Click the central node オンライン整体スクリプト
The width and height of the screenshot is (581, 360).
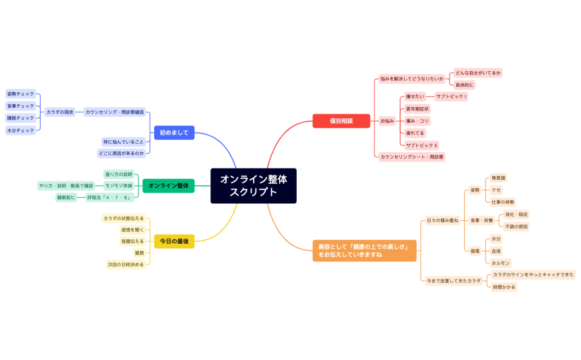pos(253,186)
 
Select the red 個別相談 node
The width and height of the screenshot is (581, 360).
pos(341,121)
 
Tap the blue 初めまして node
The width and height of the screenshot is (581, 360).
pos(174,133)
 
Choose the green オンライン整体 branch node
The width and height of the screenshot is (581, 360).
pos(169,186)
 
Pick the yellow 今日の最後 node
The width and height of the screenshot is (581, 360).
pos(174,241)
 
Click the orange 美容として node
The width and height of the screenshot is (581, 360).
pos(363,250)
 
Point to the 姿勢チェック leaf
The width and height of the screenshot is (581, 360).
pos(20,93)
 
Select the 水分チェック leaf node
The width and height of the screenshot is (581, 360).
pos(20,131)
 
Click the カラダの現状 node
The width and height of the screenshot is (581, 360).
pos(59,112)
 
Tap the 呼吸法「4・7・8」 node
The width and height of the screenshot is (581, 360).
pos(110,197)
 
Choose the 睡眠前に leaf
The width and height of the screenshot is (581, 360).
pos(66,197)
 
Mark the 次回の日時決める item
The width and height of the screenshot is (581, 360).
pos(125,265)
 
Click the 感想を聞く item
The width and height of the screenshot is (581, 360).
pos(132,230)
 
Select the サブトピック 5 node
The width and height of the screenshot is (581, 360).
pos(422,145)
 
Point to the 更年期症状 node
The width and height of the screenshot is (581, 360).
pos(418,108)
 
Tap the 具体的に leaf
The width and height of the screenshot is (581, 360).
pos(465,85)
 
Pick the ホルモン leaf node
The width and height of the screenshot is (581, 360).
pos(501,263)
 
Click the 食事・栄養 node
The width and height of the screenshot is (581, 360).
pos(482,220)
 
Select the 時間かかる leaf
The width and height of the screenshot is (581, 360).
pos(504,287)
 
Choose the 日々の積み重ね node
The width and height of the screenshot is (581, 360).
pos(442,220)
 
